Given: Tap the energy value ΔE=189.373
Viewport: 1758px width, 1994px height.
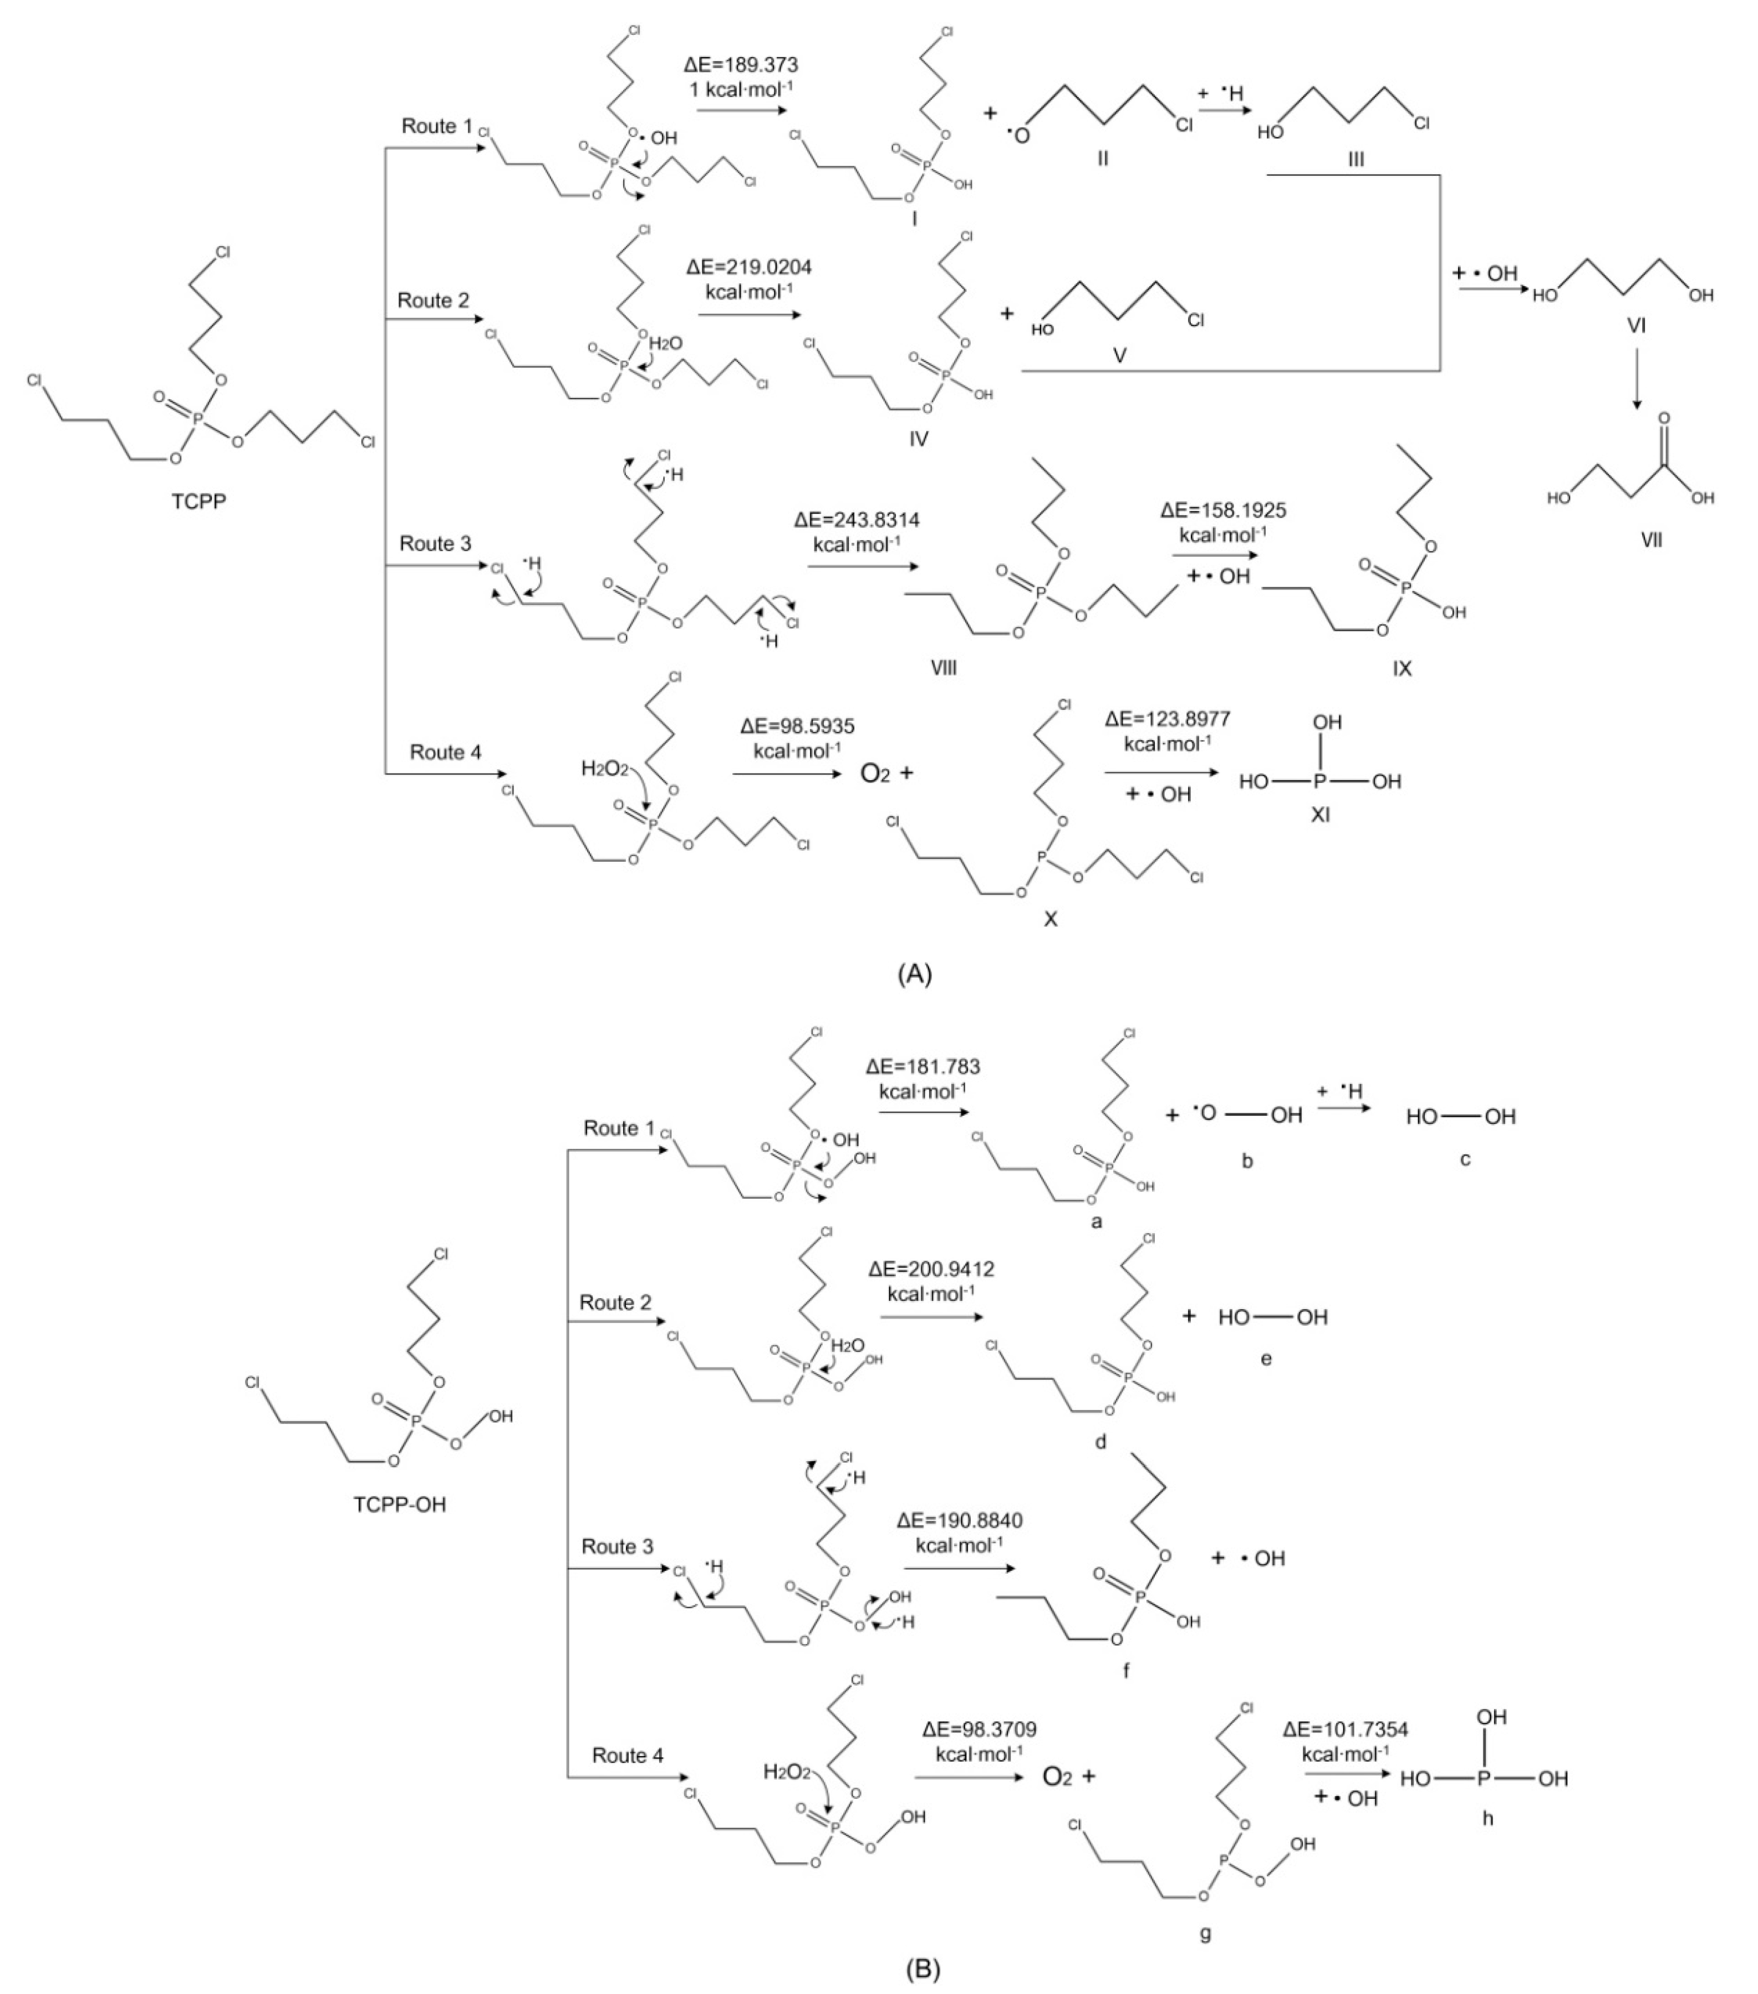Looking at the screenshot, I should [x=741, y=65].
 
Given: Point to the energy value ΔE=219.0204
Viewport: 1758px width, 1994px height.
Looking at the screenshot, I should [x=748, y=266].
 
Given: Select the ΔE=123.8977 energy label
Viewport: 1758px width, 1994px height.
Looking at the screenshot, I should [x=1168, y=719].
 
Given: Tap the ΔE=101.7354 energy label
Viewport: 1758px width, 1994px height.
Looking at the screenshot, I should [x=1346, y=1730].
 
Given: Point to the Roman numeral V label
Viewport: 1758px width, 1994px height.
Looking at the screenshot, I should [x=1120, y=356].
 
